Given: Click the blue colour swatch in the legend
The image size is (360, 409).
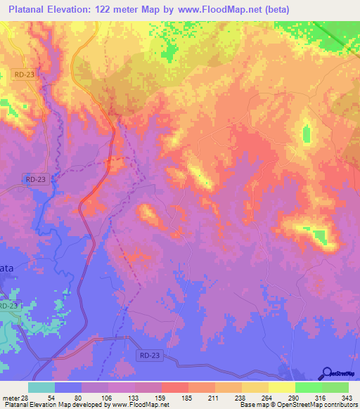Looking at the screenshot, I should (x=68, y=387).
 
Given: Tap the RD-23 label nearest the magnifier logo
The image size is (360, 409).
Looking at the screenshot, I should (x=149, y=356).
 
